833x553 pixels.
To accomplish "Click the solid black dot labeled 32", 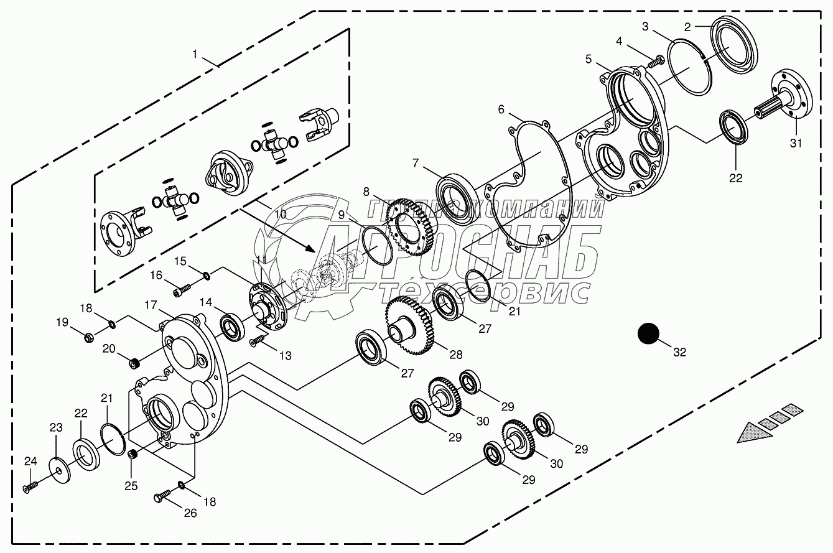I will (x=648, y=334).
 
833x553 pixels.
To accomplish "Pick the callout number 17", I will (x=151, y=305).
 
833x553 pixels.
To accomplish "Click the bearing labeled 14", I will (x=235, y=327).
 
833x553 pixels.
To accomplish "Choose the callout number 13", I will (x=285, y=356).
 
